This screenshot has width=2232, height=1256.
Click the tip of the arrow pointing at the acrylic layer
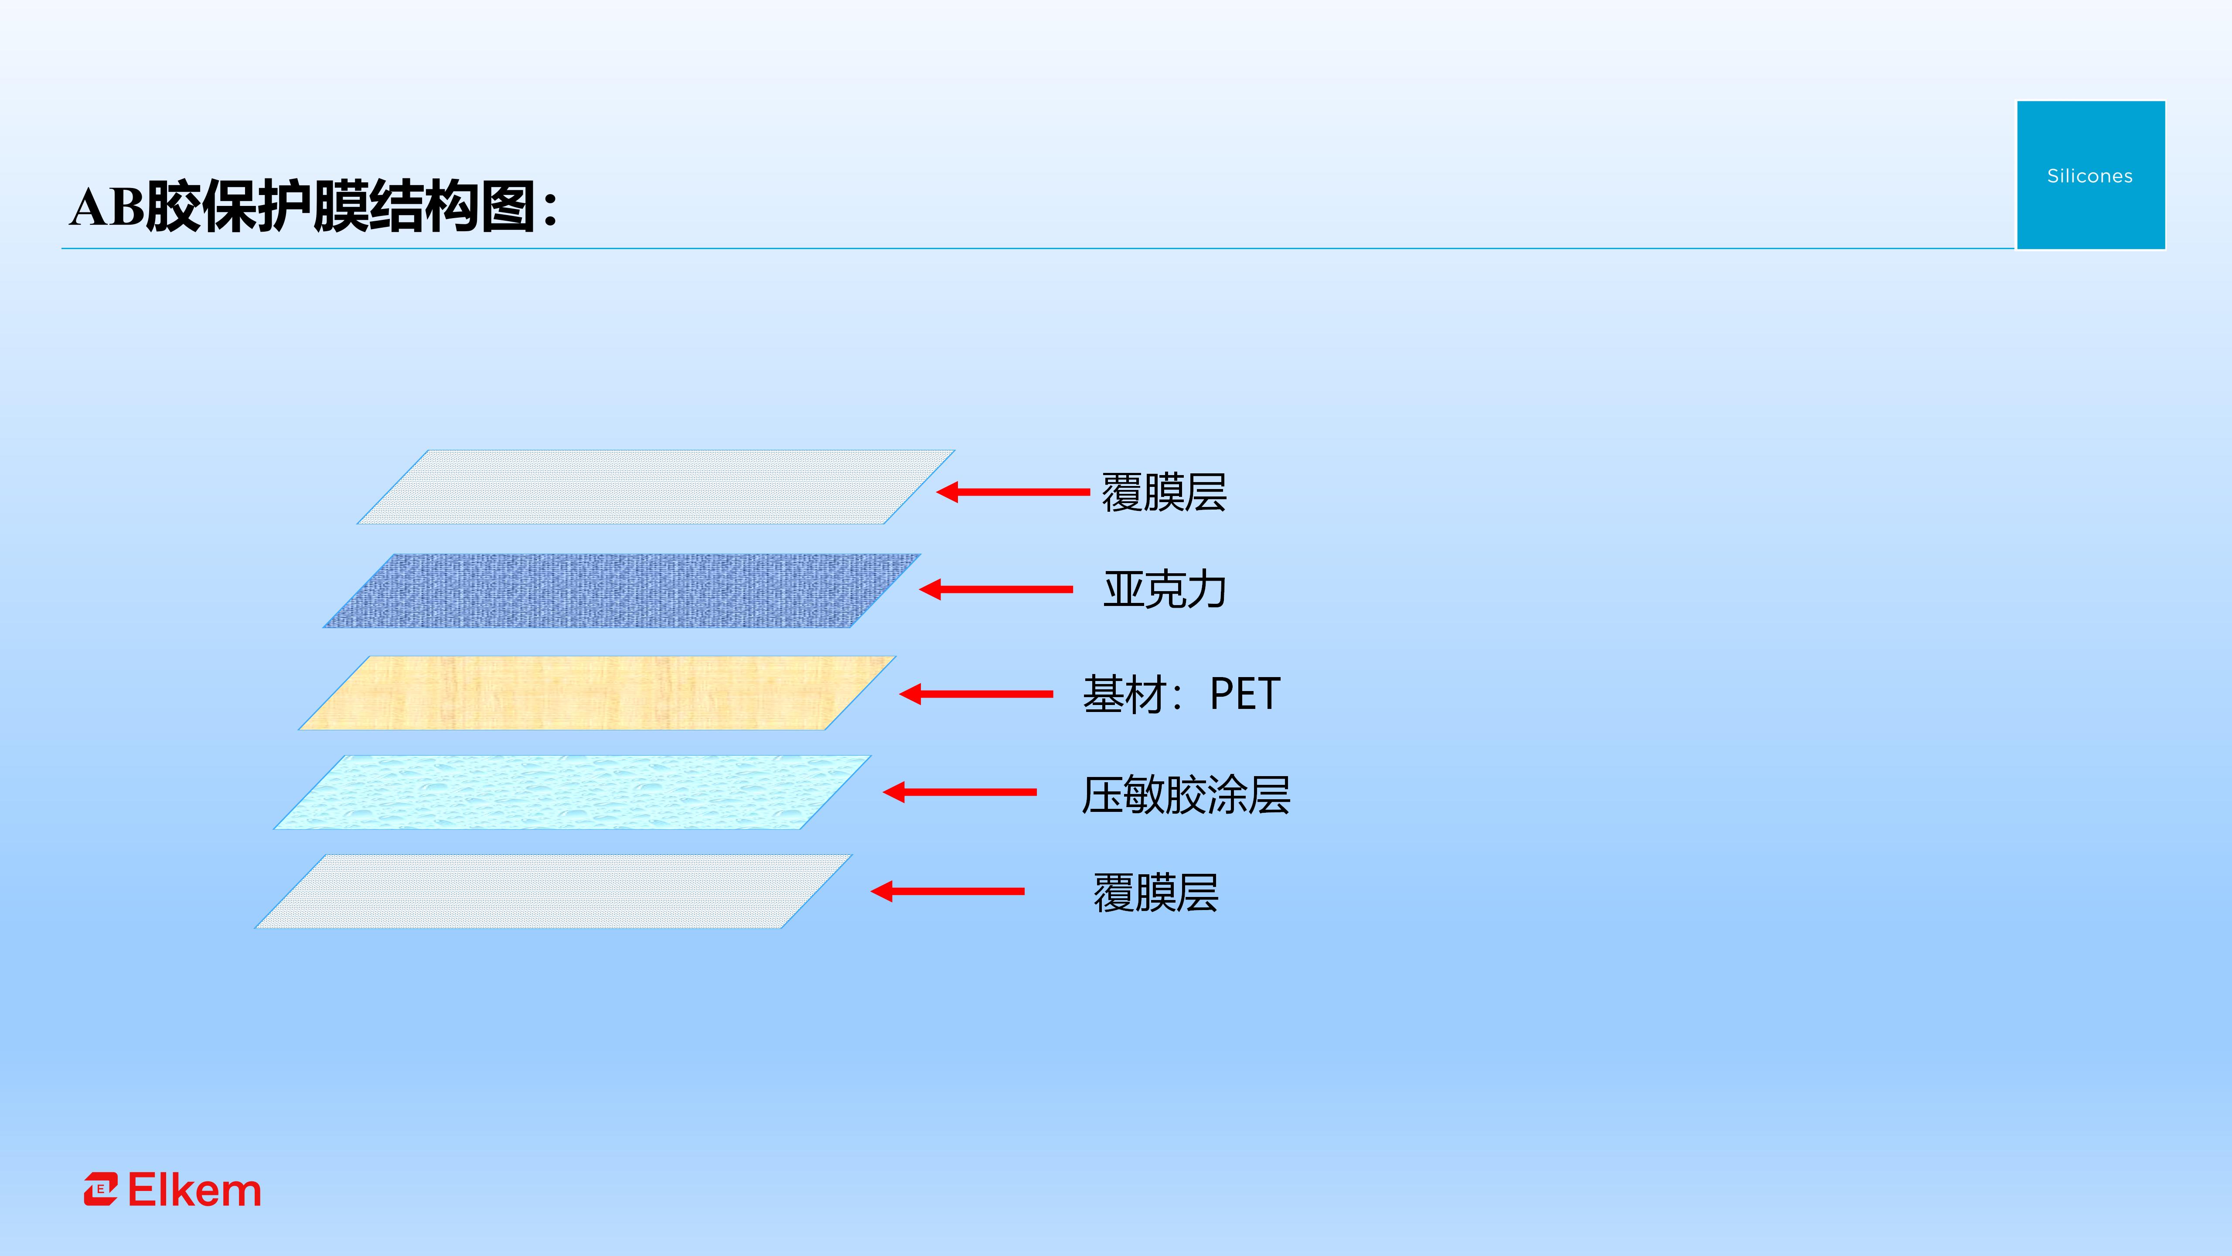(919, 589)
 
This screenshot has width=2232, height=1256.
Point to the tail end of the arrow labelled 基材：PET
(1053, 694)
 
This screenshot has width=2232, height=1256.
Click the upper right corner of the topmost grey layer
(955, 450)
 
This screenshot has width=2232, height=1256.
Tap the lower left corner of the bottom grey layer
(255, 928)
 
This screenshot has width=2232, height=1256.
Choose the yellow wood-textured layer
(597, 693)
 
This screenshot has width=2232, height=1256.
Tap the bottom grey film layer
(554, 891)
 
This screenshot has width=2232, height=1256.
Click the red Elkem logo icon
(101, 1189)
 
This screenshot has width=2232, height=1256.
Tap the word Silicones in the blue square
(2090, 176)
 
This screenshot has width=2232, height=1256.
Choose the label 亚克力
(1165, 589)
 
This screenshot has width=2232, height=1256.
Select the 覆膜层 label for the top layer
(1164, 493)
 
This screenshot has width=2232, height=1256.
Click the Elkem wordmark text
(194, 1190)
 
